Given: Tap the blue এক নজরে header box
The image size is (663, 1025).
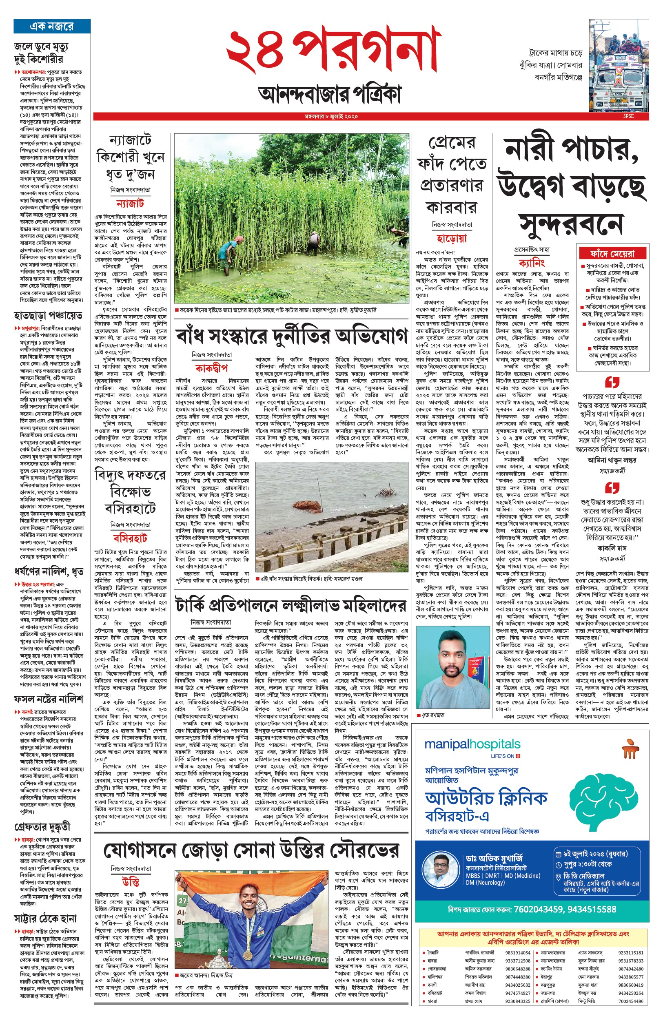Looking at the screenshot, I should (52, 26).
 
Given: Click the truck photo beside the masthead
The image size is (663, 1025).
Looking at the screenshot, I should (618, 65).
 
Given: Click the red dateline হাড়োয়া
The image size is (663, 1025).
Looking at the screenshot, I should (452, 238).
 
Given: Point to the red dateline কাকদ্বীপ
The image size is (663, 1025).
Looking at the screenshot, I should (211, 368).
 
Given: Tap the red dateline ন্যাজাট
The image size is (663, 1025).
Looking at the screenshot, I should (130, 204).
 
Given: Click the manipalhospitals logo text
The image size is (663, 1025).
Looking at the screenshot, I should (472, 744).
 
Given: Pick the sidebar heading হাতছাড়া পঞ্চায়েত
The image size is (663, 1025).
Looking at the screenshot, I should (48, 316).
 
